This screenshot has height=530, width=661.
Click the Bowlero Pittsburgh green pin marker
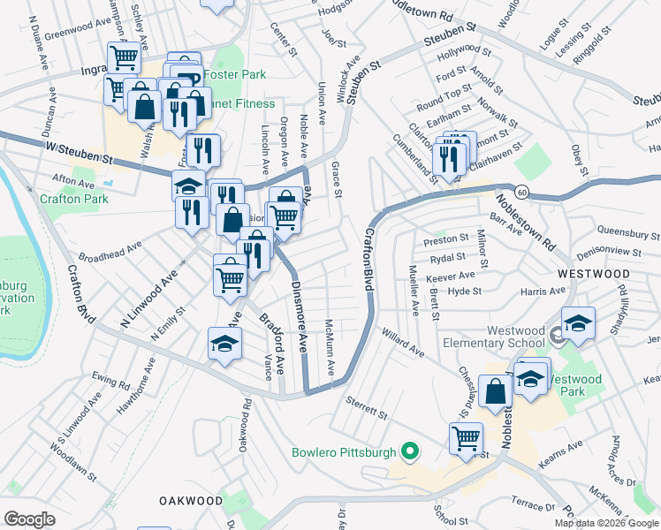(x=409, y=453)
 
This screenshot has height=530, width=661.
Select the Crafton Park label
(x=73, y=199)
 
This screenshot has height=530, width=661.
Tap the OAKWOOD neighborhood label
(x=191, y=500)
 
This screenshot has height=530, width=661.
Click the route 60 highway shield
(x=523, y=192)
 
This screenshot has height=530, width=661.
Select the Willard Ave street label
(x=402, y=343)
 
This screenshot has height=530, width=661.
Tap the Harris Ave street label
(x=543, y=291)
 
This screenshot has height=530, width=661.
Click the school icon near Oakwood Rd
(x=225, y=344)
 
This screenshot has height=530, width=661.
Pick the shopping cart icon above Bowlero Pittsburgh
(x=465, y=437)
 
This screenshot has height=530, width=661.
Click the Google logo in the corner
(x=29, y=519)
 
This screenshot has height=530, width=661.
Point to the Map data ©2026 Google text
(x=606, y=523)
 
